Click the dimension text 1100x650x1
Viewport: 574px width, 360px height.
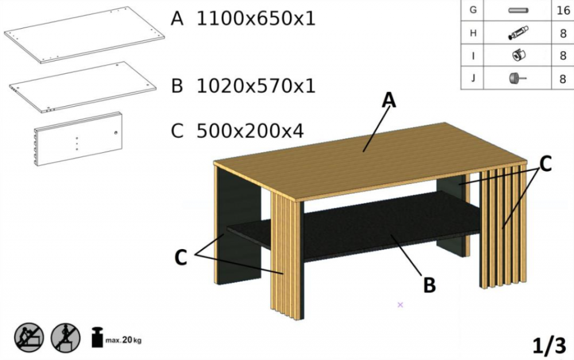[256, 18]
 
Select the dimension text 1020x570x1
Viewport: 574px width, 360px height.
[256, 86]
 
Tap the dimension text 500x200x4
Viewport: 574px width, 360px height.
[250, 131]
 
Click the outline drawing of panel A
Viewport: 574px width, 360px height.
[84, 35]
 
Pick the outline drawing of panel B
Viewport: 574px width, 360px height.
[83, 88]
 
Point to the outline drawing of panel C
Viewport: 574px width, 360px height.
[78, 139]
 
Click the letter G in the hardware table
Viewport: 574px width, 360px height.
[473, 10]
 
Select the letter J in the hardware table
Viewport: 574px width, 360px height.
[473, 78]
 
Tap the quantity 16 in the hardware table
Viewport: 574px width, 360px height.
[563, 10]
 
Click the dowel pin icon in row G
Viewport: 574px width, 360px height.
[518, 10]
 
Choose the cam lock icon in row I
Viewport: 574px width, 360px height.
[518, 55]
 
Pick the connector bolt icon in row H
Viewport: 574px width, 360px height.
[518, 33]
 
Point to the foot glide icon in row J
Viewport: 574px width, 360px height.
[518, 78]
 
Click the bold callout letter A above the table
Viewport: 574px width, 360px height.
[389, 99]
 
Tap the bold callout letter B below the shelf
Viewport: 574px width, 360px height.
[429, 285]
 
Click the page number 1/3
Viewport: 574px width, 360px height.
[549, 345]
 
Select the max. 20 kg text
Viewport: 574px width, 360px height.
[123, 340]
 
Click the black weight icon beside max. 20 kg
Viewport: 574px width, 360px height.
[97, 337]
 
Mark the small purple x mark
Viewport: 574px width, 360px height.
[400, 305]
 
